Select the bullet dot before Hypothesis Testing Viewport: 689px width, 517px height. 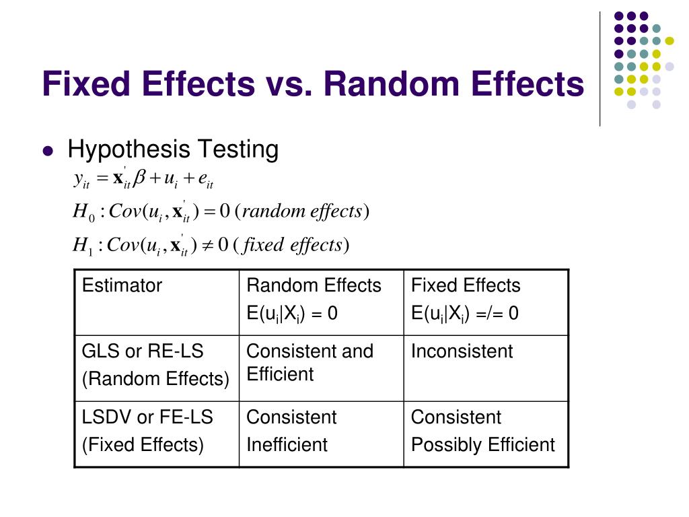point(47,151)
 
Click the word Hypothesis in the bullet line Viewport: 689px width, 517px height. point(126,149)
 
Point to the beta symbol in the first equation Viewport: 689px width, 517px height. point(140,179)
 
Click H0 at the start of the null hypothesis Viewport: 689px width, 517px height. point(81,213)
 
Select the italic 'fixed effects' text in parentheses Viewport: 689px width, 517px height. point(292,245)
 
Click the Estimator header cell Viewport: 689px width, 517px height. point(122,285)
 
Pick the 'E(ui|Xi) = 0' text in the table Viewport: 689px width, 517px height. point(292,314)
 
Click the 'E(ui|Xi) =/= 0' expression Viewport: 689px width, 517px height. point(465,314)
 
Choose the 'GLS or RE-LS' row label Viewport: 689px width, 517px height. point(143,351)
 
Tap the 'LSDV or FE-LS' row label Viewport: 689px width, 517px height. point(147,417)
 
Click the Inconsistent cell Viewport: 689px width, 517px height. point(462,351)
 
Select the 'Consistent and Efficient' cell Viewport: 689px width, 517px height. point(310,362)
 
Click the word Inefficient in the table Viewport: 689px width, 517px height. point(287,445)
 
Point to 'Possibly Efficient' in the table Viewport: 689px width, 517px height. point(483,445)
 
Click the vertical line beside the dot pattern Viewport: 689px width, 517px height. point(600,67)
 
